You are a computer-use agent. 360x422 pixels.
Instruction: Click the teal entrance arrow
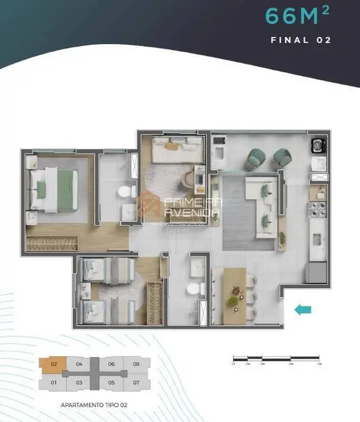click(x=302, y=310)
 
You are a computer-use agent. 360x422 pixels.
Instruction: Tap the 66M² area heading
click(x=298, y=16)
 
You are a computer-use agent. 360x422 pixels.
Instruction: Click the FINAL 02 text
click(x=300, y=40)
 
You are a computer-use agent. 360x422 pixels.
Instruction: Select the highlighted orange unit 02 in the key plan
click(x=54, y=364)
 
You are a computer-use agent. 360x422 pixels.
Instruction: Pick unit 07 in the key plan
click(x=136, y=382)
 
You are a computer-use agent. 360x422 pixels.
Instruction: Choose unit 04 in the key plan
click(x=78, y=364)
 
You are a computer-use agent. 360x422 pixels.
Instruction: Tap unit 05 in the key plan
click(x=111, y=382)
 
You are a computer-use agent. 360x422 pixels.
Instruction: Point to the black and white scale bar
click(x=276, y=358)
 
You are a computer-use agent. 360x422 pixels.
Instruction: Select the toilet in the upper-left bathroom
click(x=123, y=192)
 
